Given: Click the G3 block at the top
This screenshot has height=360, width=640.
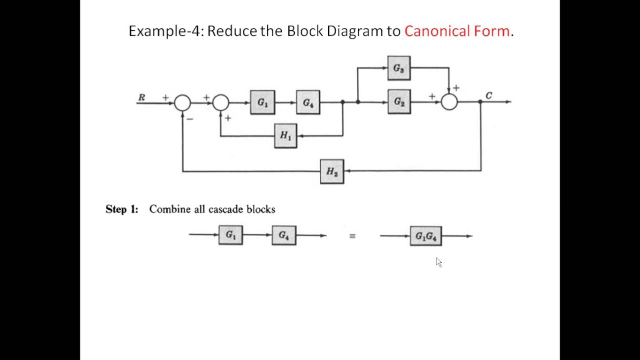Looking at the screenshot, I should (399, 68).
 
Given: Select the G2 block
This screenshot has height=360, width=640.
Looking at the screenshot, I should (399, 102).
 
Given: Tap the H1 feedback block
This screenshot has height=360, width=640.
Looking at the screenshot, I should (285, 135).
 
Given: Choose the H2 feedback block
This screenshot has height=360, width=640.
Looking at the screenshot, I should (332, 171).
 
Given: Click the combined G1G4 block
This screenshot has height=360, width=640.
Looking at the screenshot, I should (426, 236).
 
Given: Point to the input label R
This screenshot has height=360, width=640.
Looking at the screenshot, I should (141, 97).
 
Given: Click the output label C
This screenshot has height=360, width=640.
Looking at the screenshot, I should (488, 95).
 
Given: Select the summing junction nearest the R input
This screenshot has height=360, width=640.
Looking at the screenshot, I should (182, 102).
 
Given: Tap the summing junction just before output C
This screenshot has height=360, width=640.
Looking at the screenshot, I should (449, 102).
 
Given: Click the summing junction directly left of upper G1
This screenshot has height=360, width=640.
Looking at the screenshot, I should (221, 102).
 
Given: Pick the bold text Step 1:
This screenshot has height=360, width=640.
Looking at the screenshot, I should (121, 209).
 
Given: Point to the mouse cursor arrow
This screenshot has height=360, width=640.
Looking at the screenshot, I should (438, 262).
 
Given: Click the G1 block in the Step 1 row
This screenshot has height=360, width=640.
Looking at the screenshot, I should (230, 235).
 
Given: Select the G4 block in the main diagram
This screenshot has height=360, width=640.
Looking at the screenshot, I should (308, 102).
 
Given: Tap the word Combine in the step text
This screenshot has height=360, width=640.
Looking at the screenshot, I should (170, 209).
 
